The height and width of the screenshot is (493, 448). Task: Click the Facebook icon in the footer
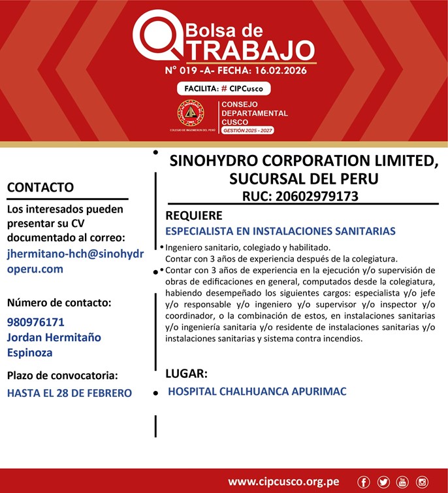click(364, 482)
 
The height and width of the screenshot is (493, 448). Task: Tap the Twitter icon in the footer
click(383, 482)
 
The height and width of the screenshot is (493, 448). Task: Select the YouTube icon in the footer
click(402, 482)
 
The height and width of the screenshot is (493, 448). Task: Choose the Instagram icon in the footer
click(422, 482)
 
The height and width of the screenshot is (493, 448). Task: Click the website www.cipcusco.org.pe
click(283, 482)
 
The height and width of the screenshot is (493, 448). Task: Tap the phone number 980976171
click(36, 322)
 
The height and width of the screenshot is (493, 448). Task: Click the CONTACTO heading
click(40, 187)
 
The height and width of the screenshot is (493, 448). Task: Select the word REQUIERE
click(194, 215)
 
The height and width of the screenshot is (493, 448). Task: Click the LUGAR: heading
click(186, 374)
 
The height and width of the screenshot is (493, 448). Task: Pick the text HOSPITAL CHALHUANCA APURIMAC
click(257, 392)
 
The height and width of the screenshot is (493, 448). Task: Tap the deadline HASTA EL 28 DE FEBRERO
click(69, 393)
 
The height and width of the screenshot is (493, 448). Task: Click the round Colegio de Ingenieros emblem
click(190, 113)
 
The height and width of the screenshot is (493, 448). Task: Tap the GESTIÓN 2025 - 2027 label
click(248, 131)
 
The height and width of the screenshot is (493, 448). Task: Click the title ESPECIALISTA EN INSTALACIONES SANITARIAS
click(280, 231)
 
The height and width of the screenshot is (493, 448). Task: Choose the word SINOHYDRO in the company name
click(222, 161)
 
